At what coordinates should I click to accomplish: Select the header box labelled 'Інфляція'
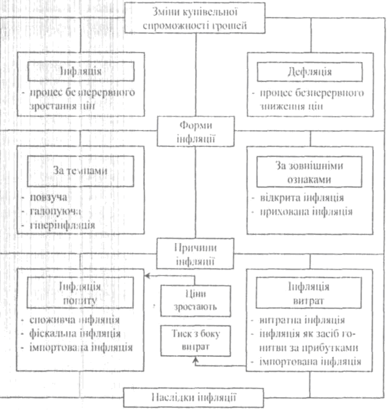click(81, 70)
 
